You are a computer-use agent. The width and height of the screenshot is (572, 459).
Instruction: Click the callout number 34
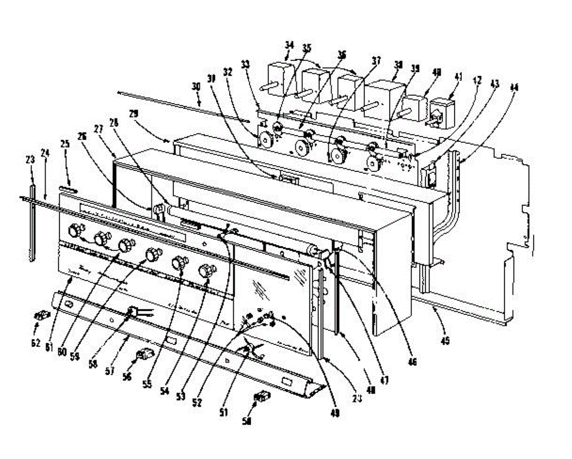[x=289, y=45]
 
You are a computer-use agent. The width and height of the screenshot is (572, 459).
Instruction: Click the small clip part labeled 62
[x=41, y=316]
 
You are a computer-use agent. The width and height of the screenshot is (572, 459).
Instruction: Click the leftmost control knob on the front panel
[x=75, y=231]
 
